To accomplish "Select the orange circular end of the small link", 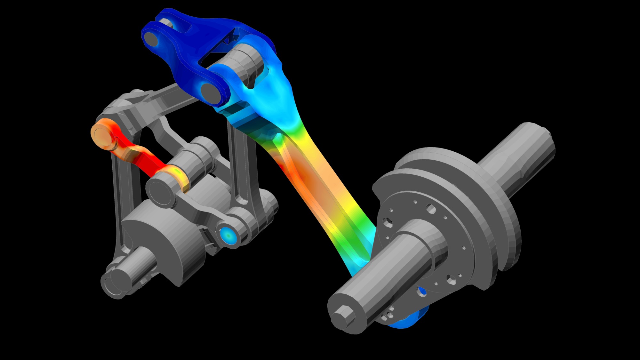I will click(102, 133).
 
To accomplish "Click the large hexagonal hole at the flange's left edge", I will click(388, 222).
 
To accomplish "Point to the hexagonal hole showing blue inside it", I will click(422, 291).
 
